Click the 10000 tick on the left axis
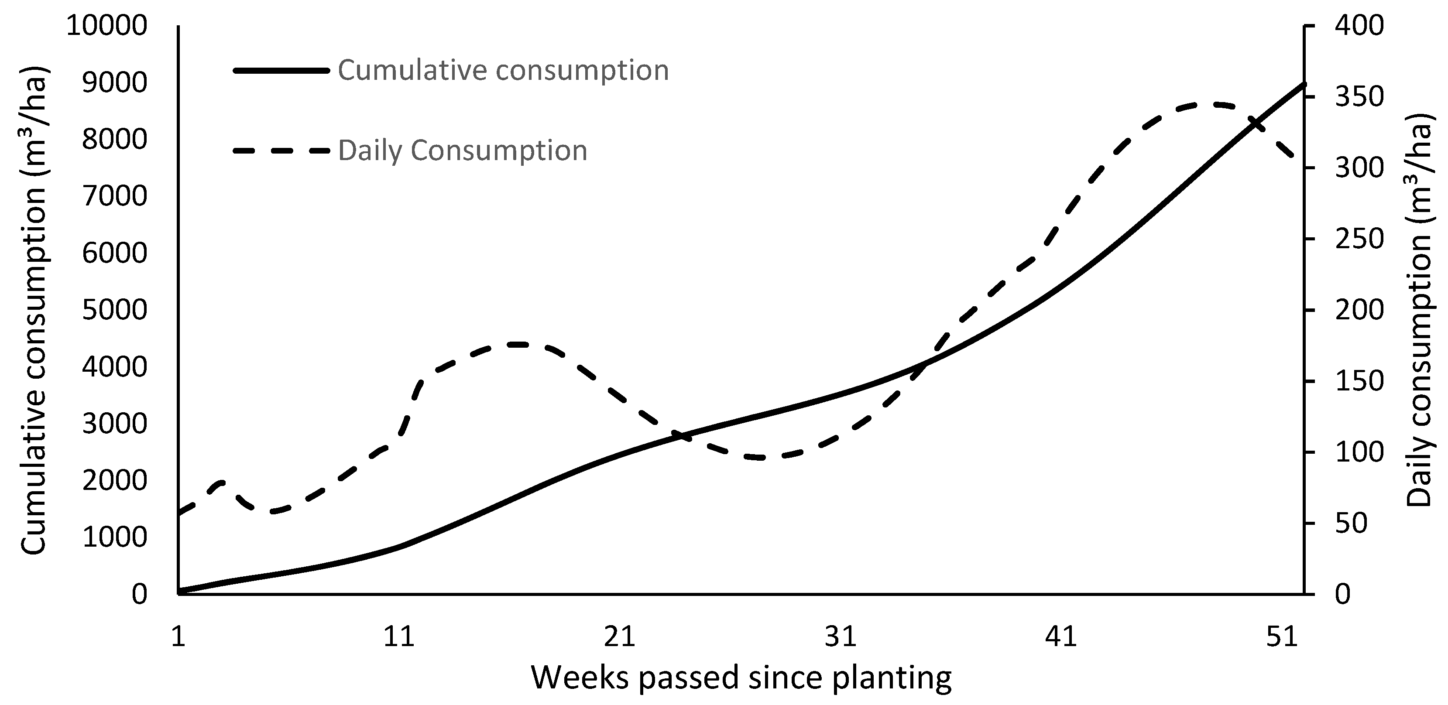(x=107, y=26)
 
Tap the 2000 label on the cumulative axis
(x=115, y=481)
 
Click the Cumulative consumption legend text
(x=503, y=71)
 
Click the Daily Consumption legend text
(x=462, y=151)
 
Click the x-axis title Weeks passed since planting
(x=741, y=678)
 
